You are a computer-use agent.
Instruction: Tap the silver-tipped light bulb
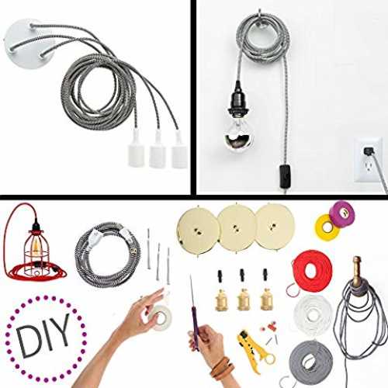click(x=238, y=134)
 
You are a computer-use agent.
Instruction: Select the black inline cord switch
click(x=285, y=176)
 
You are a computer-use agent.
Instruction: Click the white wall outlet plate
click(x=369, y=160)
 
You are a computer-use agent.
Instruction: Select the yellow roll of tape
click(x=327, y=227)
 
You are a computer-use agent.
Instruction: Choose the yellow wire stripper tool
click(x=254, y=350)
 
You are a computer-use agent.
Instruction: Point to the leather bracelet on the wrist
click(x=222, y=369)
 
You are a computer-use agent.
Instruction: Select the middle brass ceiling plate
click(x=237, y=227)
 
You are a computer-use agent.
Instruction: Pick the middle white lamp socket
click(x=157, y=151)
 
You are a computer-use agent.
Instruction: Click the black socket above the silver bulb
click(x=238, y=99)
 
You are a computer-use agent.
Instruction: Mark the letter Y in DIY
click(x=61, y=330)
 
